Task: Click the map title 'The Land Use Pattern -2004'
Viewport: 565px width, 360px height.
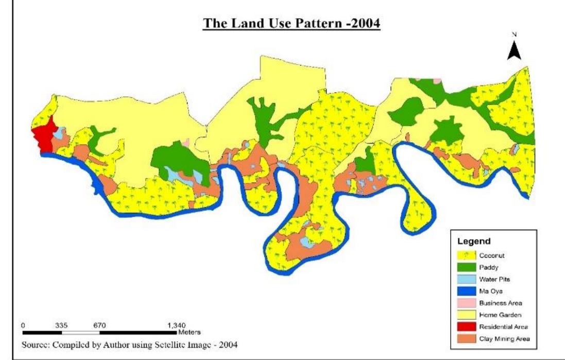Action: tap(292, 25)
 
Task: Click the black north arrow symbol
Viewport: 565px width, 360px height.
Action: tap(515, 50)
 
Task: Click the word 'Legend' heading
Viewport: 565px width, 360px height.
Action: tap(473, 241)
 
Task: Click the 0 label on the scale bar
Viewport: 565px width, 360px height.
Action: tap(23, 325)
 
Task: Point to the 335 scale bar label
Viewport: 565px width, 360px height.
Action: tap(61, 325)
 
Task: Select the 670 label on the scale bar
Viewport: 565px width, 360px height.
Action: tap(99, 325)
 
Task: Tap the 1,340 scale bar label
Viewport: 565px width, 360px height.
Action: tap(176, 325)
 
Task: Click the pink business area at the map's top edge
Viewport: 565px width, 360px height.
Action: tap(437, 80)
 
